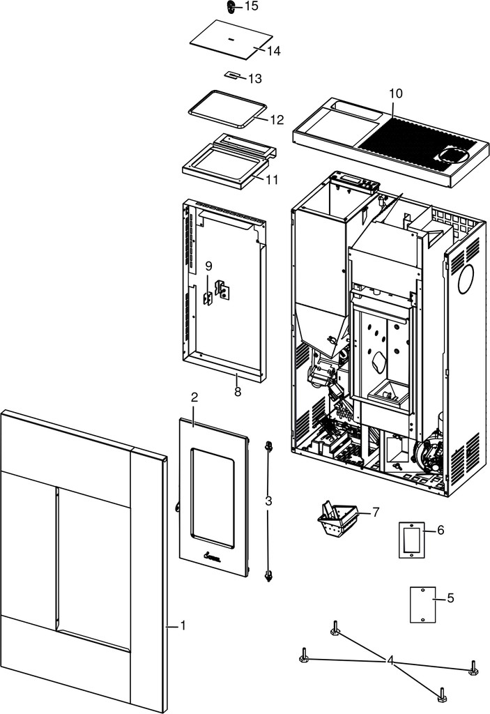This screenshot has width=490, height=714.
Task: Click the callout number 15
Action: click(x=251, y=6)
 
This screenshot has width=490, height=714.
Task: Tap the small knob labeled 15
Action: click(x=231, y=7)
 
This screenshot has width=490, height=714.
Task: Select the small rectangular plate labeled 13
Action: click(x=232, y=75)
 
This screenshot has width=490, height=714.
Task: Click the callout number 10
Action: click(x=396, y=93)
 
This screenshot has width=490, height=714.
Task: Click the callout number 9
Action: click(x=208, y=266)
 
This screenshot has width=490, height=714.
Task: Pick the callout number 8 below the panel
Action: click(x=237, y=391)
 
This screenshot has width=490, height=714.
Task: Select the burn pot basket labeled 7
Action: click(x=337, y=518)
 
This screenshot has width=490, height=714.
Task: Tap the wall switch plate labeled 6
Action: click(x=412, y=540)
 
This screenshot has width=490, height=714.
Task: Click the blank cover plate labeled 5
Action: click(x=423, y=605)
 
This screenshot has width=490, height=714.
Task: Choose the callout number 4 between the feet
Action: click(x=390, y=661)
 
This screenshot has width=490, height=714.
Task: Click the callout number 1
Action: click(x=183, y=625)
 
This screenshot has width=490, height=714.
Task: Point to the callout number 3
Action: click(x=268, y=501)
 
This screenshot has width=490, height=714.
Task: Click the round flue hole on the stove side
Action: click(x=466, y=279)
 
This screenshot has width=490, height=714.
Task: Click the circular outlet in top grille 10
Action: click(x=453, y=155)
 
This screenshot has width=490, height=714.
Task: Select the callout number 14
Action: click(x=274, y=51)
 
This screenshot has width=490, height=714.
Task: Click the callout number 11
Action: click(x=272, y=180)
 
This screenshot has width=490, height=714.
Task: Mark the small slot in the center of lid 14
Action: click(x=231, y=39)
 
